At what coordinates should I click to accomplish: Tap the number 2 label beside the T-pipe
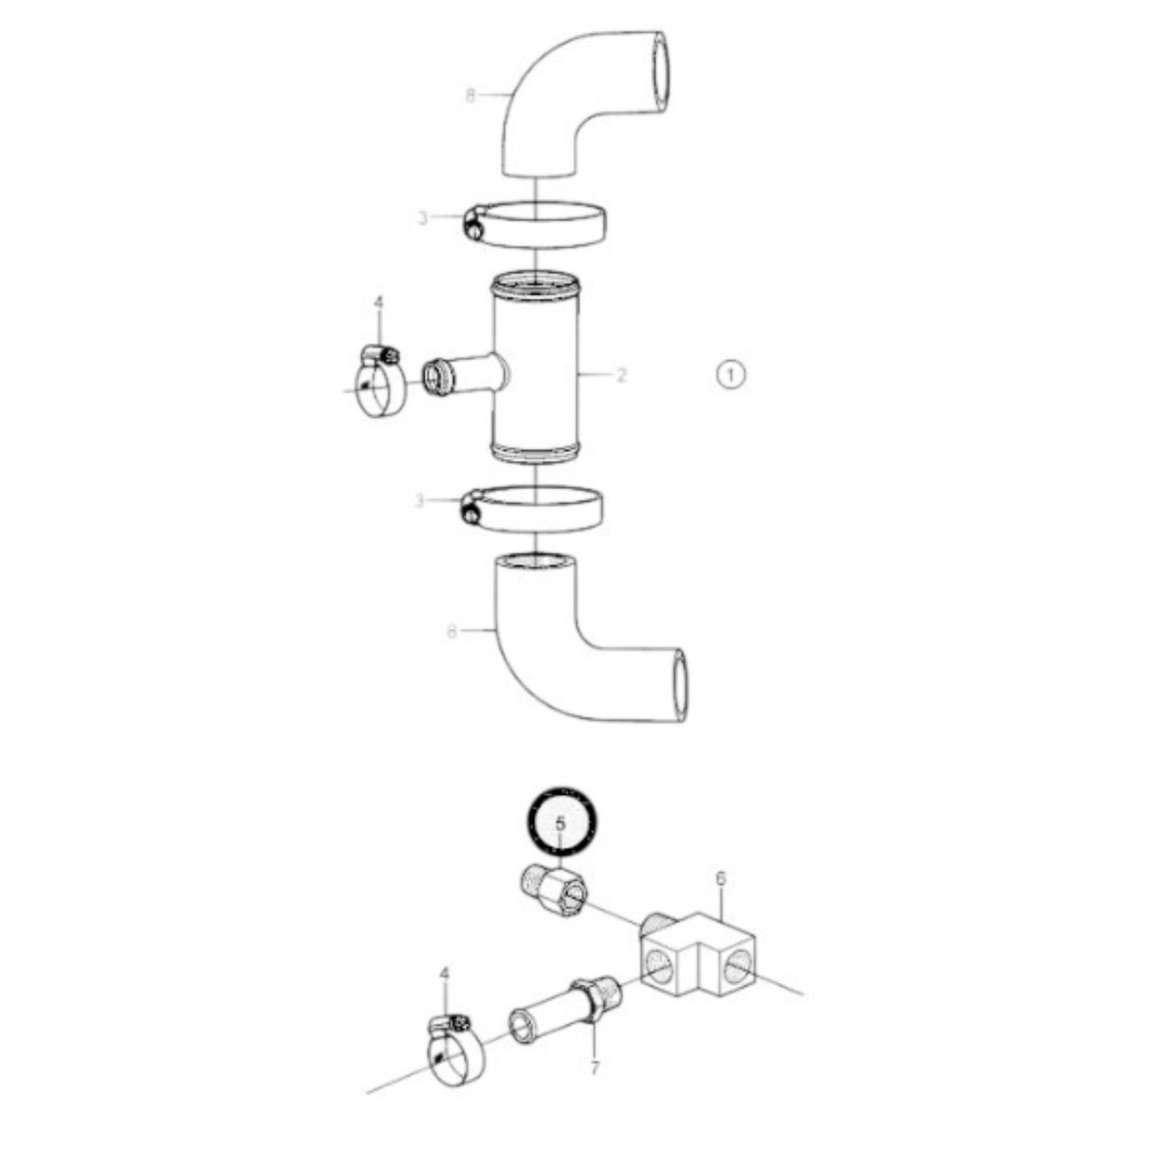[621, 375]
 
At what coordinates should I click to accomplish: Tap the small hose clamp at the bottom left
[453, 1052]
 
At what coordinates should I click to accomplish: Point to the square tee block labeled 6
[696, 955]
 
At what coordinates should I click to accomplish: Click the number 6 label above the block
[721, 878]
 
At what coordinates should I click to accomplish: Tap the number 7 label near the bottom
[595, 1069]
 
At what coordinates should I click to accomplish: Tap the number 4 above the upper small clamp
[378, 303]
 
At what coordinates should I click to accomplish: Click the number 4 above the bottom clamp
[443, 976]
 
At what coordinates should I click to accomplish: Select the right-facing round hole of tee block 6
[738, 964]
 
